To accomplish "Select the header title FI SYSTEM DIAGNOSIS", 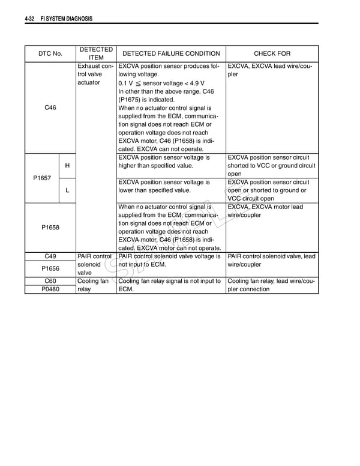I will pyautogui.click(x=66, y=19).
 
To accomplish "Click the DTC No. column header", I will pyautogui.click(x=50, y=53).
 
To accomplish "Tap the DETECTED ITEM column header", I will pyautogui.click(x=96, y=53).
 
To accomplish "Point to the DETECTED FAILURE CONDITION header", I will pyautogui.click(x=171, y=53).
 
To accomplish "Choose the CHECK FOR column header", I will pyautogui.click(x=272, y=53).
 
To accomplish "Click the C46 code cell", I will pyautogui.click(x=50, y=107).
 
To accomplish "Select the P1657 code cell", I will pyautogui.click(x=42, y=178).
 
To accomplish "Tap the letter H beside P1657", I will pyautogui.click(x=67, y=166).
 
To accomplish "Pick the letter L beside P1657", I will pyautogui.click(x=67, y=190).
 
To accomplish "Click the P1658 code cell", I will pyautogui.click(x=50, y=227).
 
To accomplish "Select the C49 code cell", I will pyautogui.click(x=50, y=256).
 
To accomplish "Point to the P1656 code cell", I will pyautogui.click(x=50, y=268).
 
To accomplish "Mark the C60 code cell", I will pyautogui.click(x=50, y=280).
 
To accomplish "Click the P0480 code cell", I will pyautogui.click(x=50, y=289).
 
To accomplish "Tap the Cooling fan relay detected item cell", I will pyautogui.click(x=93, y=285).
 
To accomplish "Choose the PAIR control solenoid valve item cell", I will pyautogui.click(x=95, y=264).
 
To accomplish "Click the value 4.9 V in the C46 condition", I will pyautogui.click(x=194, y=83).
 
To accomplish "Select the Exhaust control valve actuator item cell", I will pyautogui.click(x=95, y=74).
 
